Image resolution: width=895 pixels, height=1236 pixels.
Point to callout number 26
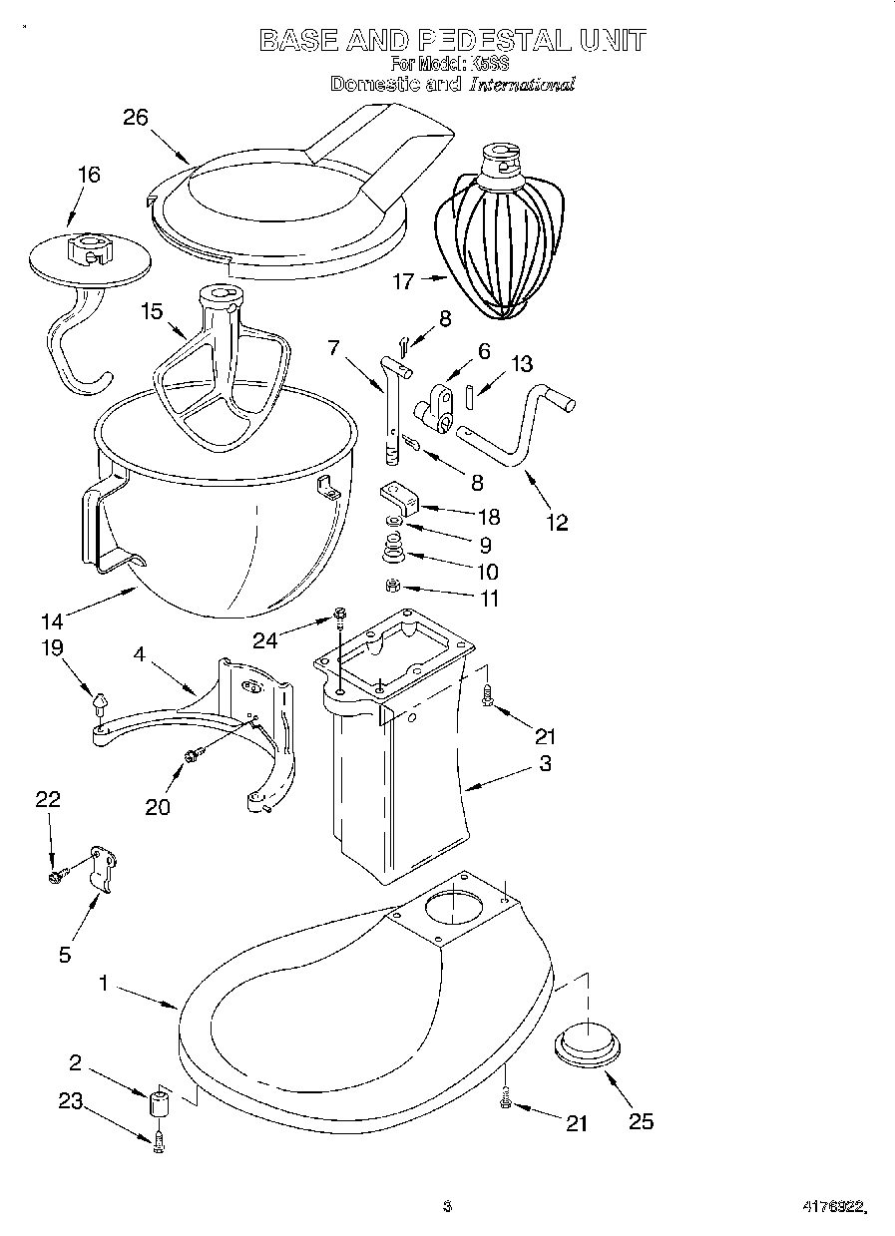coord(135,118)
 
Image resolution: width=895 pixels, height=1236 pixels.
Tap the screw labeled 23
coord(158,1142)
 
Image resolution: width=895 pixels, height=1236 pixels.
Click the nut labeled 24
coord(339,614)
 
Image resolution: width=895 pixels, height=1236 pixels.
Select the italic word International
coord(522,85)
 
